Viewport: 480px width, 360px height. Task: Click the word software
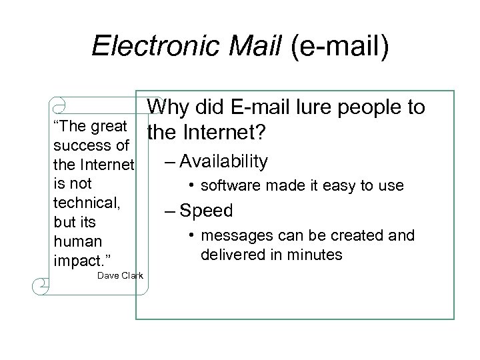pos(231,186)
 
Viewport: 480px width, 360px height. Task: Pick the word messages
pos(233,236)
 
